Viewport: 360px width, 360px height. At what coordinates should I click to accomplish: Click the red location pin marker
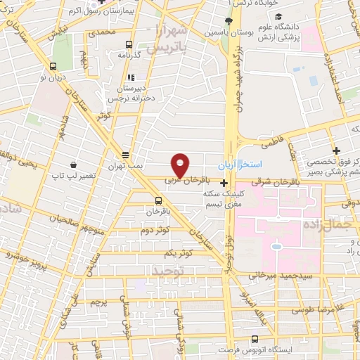coord(180,165)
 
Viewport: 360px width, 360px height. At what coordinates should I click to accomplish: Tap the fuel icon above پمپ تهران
coord(126,155)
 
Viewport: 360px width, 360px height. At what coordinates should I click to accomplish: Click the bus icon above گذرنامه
coord(129,43)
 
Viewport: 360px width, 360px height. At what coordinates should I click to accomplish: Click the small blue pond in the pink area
coord(276,247)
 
